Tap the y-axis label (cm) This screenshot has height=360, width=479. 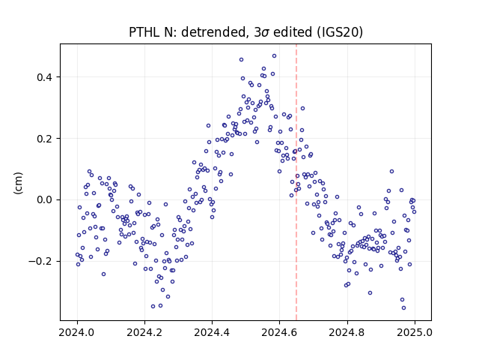18,183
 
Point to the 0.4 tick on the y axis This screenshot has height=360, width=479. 45,77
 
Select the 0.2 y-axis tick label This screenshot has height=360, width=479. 45,139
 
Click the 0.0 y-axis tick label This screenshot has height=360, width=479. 45,200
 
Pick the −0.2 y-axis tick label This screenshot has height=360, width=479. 40,262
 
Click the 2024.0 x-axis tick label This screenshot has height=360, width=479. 77,332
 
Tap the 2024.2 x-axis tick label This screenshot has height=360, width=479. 144,332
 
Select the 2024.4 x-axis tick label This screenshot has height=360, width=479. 212,332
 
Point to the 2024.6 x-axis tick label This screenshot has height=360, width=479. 279,332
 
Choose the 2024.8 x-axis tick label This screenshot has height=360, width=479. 347,332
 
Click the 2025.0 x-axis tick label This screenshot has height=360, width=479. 415,332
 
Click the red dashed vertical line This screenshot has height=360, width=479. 296,182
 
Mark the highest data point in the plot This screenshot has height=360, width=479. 275,56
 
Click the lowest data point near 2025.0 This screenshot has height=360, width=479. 404,308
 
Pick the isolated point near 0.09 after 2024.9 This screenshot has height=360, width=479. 392,172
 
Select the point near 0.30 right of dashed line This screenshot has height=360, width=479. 302,108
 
